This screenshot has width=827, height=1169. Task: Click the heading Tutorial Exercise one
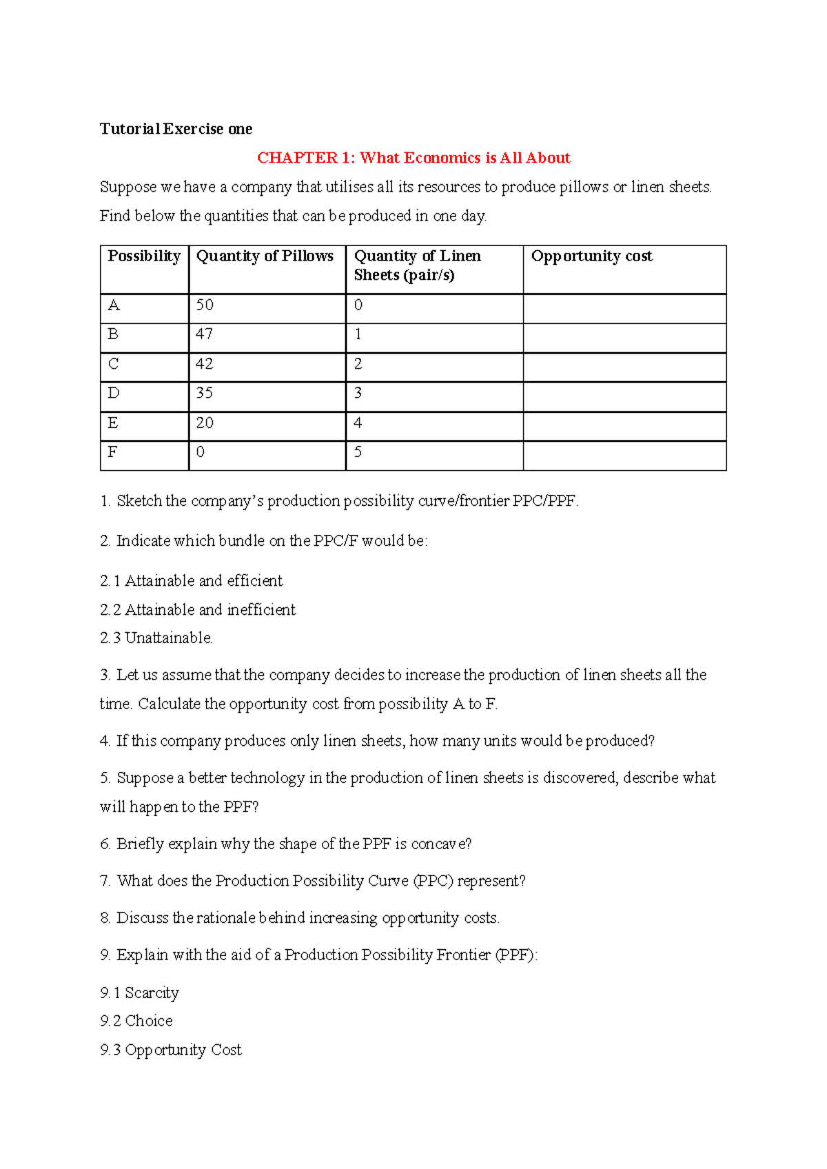tap(176, 129)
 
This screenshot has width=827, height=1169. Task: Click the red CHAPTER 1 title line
tap(413, 158)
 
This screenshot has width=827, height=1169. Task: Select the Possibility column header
tap(144, 256)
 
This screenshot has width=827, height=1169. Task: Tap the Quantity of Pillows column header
tap(265, 256)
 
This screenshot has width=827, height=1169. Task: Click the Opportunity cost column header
tap(591, 256)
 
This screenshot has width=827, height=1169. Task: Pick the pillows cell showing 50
tap(205, 305)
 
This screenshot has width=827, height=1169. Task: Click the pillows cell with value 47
tap(205, 334)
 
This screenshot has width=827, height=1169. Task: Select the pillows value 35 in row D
tap(205, 393)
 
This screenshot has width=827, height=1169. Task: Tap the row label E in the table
tap(113, 423)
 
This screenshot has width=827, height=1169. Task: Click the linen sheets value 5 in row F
tap(358, 452)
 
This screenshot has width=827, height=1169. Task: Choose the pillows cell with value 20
tap(205, 423)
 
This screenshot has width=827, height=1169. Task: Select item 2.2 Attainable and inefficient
tap(198, 609)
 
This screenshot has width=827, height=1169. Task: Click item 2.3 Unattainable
tap(156, 638)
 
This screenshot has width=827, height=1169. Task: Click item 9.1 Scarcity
tap(139, 993)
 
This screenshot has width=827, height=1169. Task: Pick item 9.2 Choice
tap(136, 1021)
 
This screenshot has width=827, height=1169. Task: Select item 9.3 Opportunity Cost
tap(171, 1050)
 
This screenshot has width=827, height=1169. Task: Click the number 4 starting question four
tap(104, 741)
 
